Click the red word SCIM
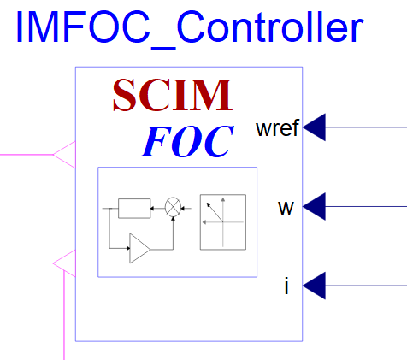click(173, 95)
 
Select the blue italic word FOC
click(187, 142)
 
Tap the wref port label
click(277, 128)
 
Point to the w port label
click(286, 208)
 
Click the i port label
click(286, 286)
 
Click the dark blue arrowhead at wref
click(314, 127)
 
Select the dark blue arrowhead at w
click(314, 206)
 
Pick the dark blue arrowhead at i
click(314, 286)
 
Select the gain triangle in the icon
click(139, 248)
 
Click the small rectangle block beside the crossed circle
click(134, 209)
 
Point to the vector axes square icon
click(223, 222)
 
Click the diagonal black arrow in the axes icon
click(215, 212)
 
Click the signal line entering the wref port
click(366, 127)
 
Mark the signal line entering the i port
click(366, 286)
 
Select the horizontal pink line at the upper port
click(27, 155)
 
